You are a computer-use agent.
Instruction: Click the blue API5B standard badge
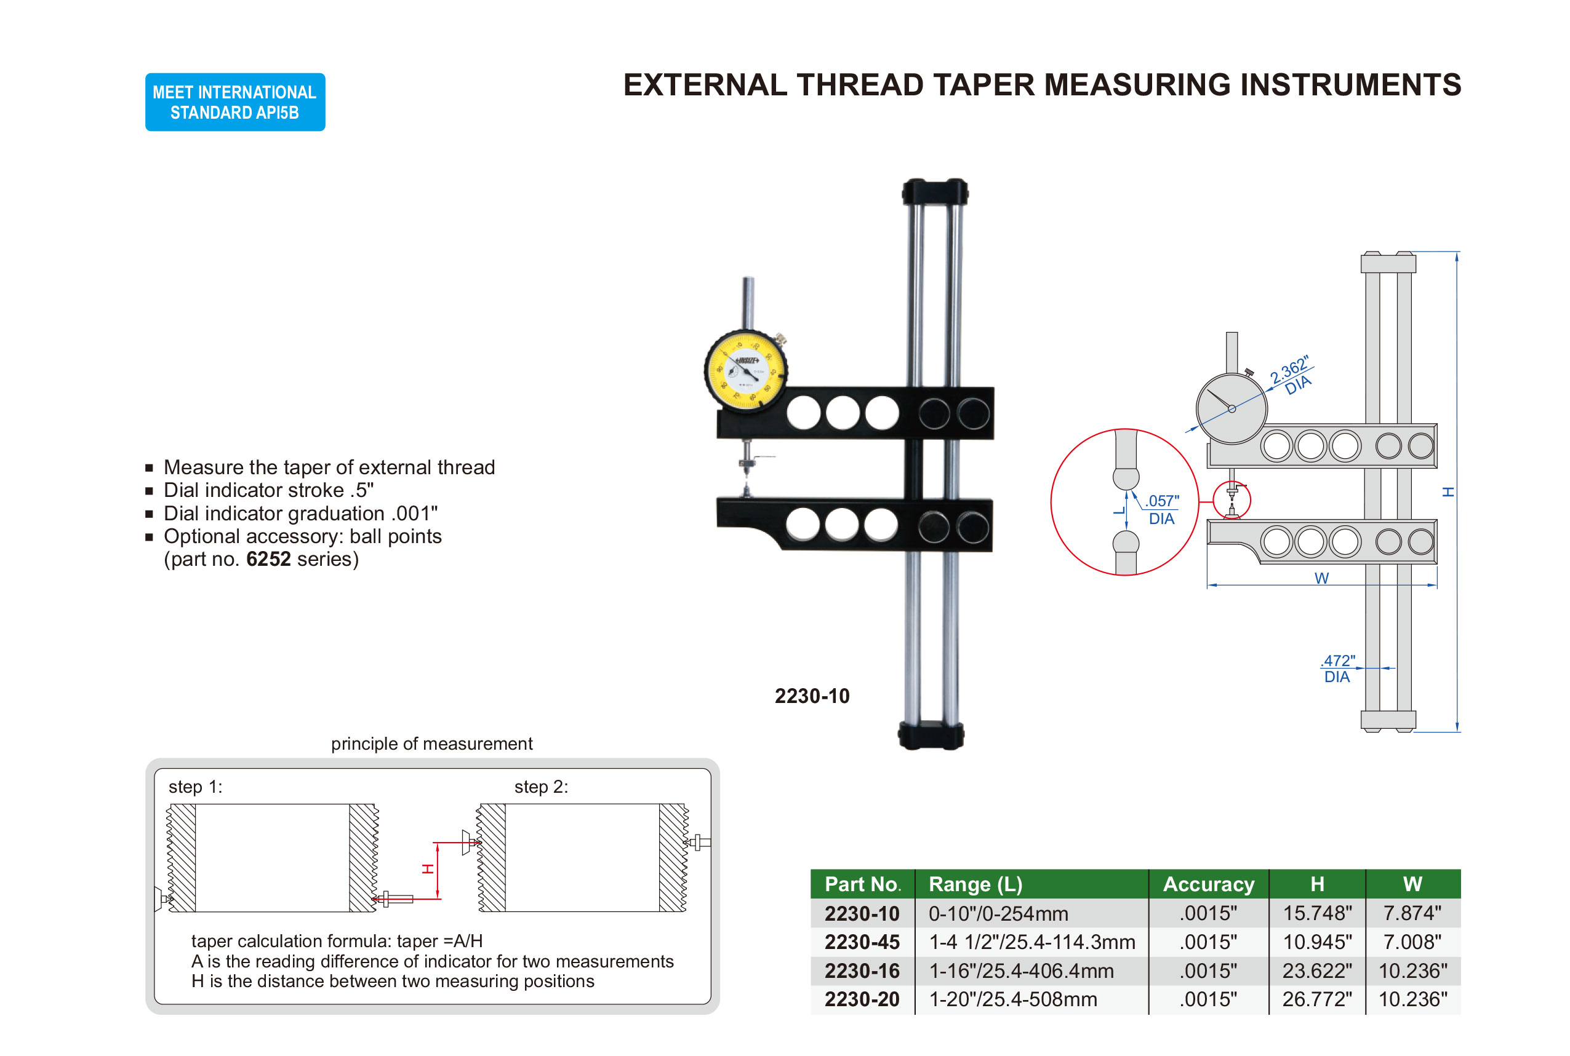pos(234,101)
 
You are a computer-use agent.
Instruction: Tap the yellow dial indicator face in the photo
pos(745,370)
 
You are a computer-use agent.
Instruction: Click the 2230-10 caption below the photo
pos(811,696)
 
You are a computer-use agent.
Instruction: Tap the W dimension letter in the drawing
pos(1321,578)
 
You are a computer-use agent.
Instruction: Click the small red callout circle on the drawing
pos(1231,500)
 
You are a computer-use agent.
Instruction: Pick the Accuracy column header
pos(1208,884)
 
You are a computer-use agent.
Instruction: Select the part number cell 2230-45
pos(862,942)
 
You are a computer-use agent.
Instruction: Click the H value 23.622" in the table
pos(1316,971)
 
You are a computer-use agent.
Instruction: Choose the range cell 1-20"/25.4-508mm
pos(1013,999)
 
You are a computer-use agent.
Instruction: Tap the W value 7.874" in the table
pos(1412,913)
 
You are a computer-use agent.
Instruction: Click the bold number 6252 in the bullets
pos(268,559)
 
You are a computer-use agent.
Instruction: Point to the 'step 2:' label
pos(540,787)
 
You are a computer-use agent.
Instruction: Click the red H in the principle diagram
pos(427,869)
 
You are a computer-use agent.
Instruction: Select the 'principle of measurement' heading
pos(431,744)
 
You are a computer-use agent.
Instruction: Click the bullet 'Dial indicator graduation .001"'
pos(300,513)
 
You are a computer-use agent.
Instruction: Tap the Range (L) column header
pos(975,884)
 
